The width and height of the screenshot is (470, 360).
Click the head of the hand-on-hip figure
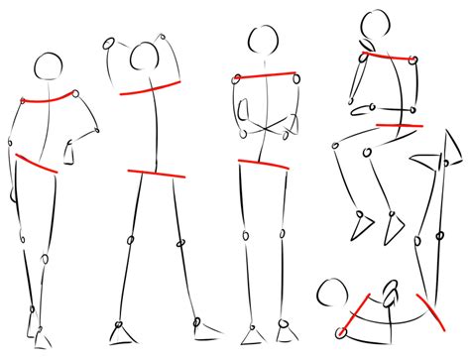(48, 66)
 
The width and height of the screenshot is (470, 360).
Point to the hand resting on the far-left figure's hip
(72, 153)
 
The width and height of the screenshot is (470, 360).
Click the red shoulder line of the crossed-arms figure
(266, 76)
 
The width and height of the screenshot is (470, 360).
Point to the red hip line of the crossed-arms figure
(263, 164)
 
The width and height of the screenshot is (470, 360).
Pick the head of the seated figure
(375, 27)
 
